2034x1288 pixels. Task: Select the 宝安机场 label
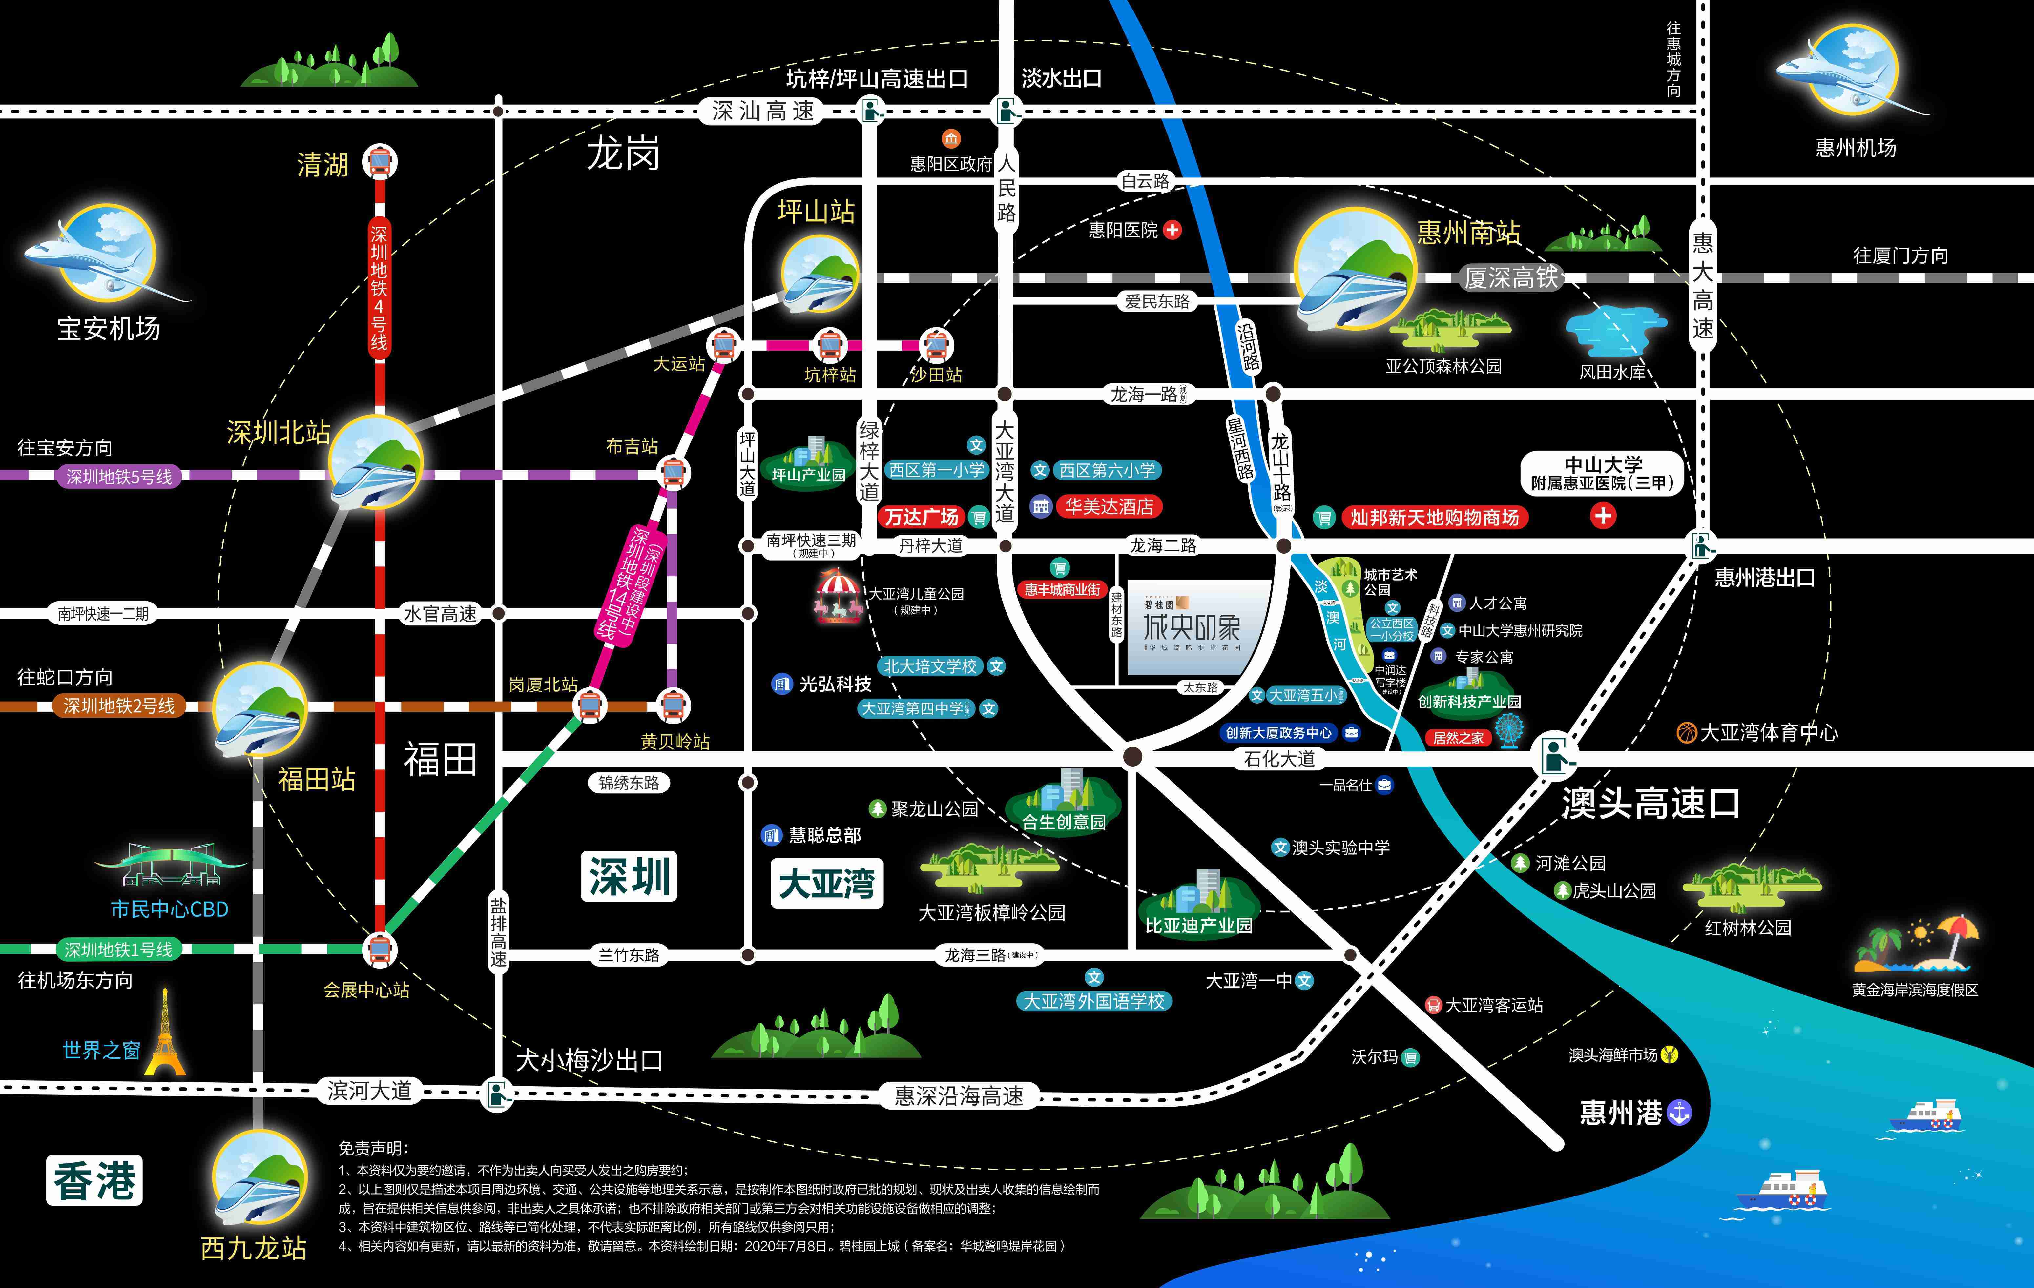point(108,329)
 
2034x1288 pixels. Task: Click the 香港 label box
point(94,1180)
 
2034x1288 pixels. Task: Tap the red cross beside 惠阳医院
point(1173,230)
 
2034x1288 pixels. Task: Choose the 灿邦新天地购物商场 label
point(1434,517)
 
